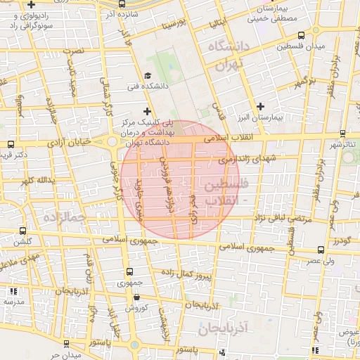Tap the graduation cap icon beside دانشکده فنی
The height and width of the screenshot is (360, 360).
147,76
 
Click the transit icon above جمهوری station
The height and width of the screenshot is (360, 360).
129,271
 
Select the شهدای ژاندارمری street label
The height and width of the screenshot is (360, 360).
247,160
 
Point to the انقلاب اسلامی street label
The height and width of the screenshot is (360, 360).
226,139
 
